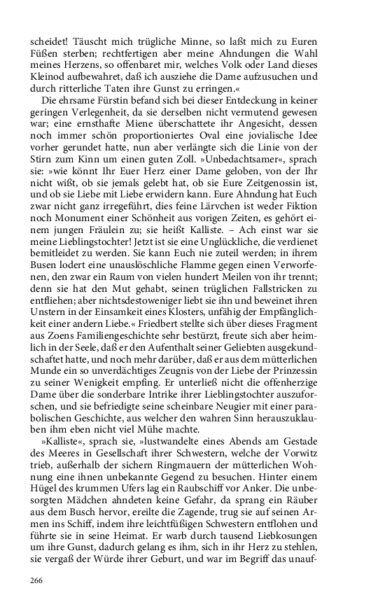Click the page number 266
38,580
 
